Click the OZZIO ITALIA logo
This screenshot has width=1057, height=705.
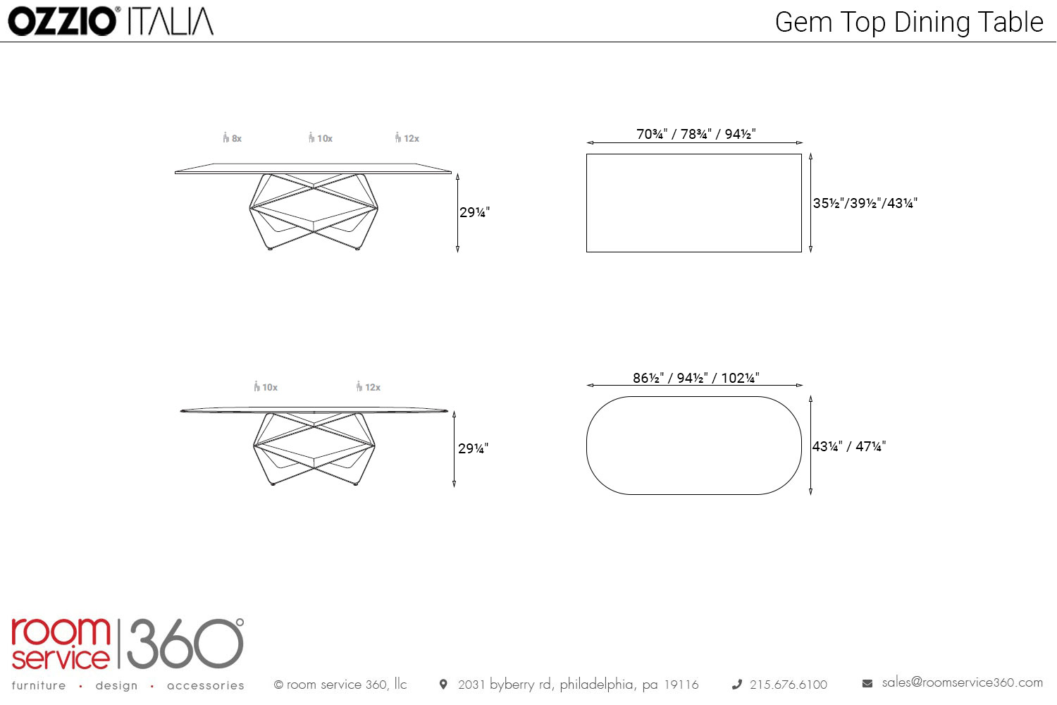(x=111, y=21)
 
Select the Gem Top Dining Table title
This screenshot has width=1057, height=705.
(x=909, y=22)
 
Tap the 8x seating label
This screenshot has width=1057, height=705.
(x=232, y=138)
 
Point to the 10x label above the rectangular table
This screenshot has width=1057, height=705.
(x=321, y=138)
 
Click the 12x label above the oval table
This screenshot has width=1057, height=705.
(x=368, y=387)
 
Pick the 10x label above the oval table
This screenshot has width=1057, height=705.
(x=266, y=387)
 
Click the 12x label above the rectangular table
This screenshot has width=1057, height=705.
(x=407, y=138)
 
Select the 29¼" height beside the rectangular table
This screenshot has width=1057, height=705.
(x=475, y=212)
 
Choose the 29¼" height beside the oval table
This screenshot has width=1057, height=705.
(x=474, y=448)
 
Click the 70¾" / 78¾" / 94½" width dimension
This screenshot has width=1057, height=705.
(x=696, y=134)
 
